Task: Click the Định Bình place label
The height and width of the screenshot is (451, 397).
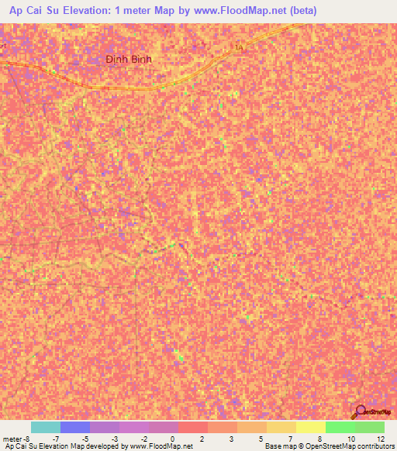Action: click(x=129, y=59)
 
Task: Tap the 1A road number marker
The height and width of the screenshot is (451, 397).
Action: click(x=238, y=48)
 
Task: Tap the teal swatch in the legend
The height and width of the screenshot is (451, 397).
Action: click(x=45, y=427)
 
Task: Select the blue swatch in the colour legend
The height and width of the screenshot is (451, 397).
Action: click(x=74, y=427)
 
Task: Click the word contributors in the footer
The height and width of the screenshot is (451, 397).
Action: click(x=376, y=446)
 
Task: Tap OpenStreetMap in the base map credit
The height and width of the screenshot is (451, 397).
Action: click(x=330, y=446)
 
